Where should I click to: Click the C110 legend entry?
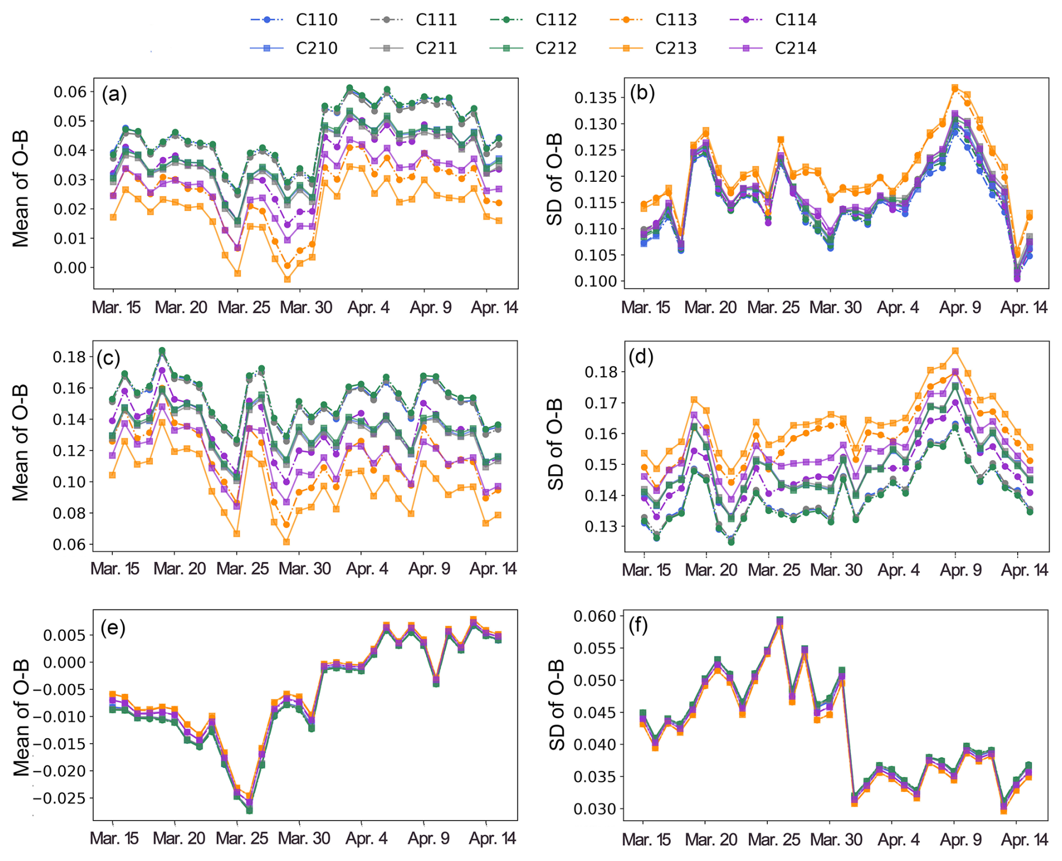coord(294,20)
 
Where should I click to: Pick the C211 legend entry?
coord(413,48)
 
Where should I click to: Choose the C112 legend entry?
coord(533,20)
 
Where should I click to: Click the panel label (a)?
coord(114,94)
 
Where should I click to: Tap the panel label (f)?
coord(638,625)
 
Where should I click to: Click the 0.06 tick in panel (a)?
coord(70,92)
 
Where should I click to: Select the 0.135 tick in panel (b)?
coord(596,98)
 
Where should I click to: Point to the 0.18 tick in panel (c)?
coord(70,357)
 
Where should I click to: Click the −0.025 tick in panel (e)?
coord(62,798)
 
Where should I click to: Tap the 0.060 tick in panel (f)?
coord(596,616)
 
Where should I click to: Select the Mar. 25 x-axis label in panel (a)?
coord(244,308)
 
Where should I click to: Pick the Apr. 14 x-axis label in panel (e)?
coord(492,839)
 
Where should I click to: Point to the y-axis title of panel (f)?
coord(556,706)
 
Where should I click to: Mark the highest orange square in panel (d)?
coord(955,351)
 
